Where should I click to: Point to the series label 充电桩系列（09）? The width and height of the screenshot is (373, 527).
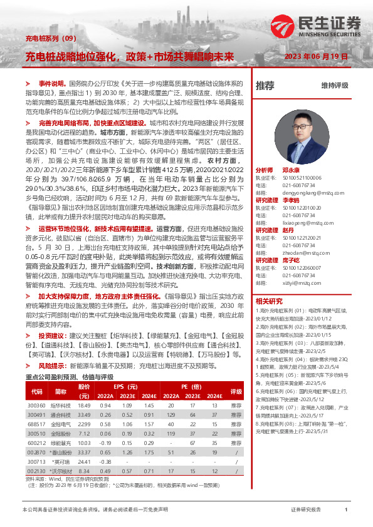coord(50,38)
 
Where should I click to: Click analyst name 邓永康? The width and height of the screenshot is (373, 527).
coord(291,170)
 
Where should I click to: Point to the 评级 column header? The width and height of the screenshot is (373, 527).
coord(236,392)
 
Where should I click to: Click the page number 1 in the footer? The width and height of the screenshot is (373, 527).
coord(346,510)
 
